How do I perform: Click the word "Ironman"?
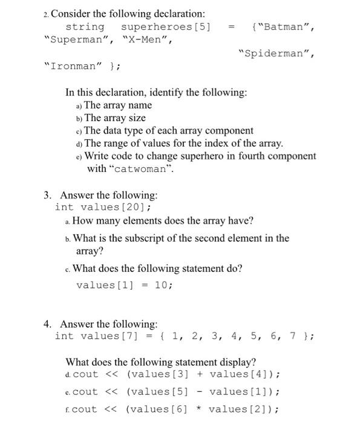73,67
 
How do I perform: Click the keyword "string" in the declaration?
85,27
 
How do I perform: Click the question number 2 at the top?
46,13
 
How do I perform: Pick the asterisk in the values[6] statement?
197,409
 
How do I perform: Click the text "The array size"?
115,118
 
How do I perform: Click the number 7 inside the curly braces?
292,336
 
